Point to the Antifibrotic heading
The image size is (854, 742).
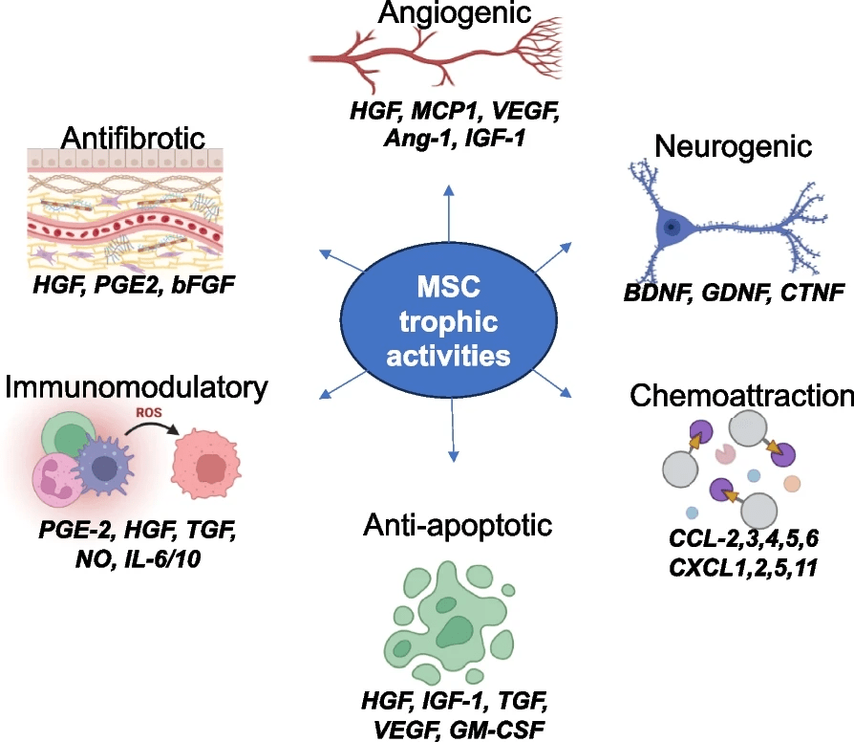pyautogui.click(x=133, y=138)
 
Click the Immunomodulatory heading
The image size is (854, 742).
pyautogui.click(x=135, y=389)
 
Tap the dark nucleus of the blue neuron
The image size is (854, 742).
pyautogui.click(x=673, y=228)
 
